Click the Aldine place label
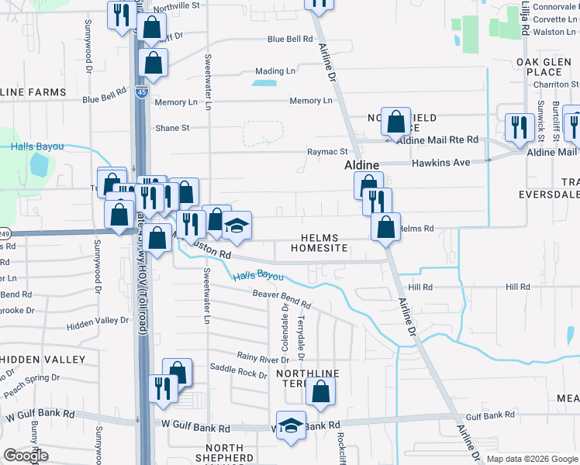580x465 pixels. click(x=361, y=166)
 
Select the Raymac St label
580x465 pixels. click(x=327, y=152)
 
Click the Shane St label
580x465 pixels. click(x=172, y=128)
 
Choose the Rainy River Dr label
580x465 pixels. click(x=263, y=357)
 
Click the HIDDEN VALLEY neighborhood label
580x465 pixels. click(x=42, y=360)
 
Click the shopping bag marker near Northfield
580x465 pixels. click(x=395, y=122)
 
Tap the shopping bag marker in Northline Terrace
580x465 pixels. click(x=320, y=392)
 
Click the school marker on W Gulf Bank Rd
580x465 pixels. click(x=292, y=425)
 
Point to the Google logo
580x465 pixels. click(x=26, y=456)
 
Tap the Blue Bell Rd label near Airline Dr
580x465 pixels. click(x=289, y=39)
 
